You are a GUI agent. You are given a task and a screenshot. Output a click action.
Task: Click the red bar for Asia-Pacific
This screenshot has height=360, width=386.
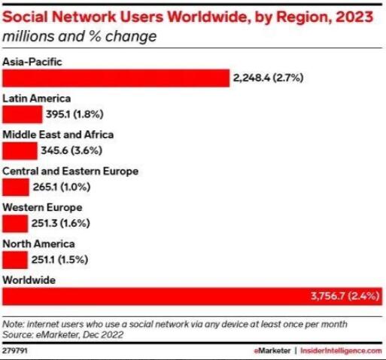coord(116,78)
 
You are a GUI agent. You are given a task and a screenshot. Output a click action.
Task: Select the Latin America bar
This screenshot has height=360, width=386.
coord(23,114)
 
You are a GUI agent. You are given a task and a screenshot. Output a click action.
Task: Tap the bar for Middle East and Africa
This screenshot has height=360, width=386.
coord(20,151)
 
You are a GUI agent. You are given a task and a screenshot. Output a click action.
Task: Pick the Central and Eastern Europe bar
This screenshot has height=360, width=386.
coord(16,187)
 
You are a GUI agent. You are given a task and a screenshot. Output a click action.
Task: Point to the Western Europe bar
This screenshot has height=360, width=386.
coord(15,224)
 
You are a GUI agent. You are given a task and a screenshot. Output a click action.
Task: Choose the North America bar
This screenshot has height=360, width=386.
coord(15,260)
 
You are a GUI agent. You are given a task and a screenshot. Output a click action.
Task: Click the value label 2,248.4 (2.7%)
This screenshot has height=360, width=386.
coord(268,78)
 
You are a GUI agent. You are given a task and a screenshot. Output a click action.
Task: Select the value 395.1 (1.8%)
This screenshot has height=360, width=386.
coord(74,114)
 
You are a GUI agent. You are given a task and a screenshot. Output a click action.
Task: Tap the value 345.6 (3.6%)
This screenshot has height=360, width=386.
coord(71,151)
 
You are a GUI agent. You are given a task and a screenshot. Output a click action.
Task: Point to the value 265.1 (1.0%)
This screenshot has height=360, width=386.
coord(62,187)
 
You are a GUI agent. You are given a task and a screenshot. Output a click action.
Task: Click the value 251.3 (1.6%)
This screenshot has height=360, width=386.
coord(60,223)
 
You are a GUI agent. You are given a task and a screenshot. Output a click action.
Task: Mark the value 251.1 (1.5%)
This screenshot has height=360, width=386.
coord(59,260)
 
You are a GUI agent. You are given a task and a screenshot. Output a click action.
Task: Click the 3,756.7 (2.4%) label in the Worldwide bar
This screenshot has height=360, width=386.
coord(345,296)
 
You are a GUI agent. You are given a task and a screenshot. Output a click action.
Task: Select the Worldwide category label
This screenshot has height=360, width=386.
coord(29,280)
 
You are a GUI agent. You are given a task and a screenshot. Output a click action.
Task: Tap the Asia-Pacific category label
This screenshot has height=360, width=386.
coord(32,62)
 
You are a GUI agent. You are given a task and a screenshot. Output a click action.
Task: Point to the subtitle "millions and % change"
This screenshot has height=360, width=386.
coord(80,36)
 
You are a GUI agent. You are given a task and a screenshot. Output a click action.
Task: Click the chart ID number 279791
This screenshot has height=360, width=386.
coord(15,351)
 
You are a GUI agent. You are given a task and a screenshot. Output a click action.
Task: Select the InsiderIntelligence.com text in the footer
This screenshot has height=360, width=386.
coord(341,351)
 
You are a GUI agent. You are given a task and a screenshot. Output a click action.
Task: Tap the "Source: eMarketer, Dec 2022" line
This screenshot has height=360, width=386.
coord(63,334)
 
